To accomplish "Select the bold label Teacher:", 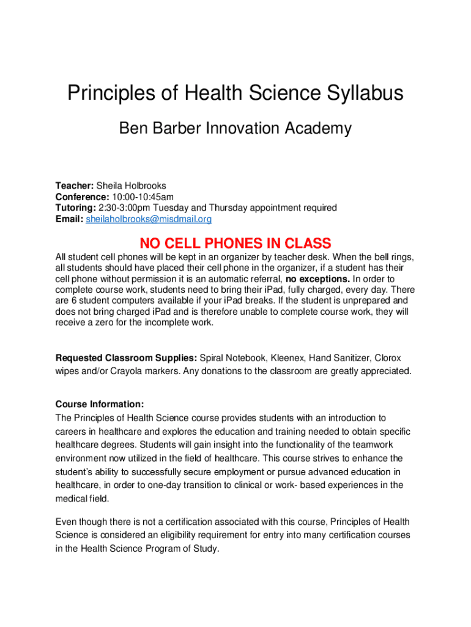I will click(75, 186).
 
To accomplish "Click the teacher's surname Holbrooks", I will click(144, 186).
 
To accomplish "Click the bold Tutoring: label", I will click(76, 208).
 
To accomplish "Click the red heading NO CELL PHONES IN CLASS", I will click(236, 243).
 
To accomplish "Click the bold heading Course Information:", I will click(100, 404).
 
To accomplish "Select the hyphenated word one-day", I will click(173, 485).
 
